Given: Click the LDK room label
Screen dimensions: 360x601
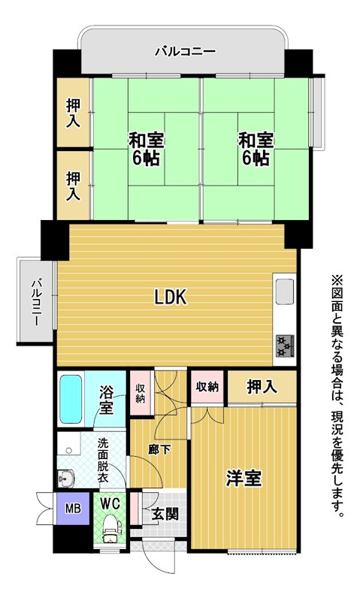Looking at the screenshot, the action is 171,297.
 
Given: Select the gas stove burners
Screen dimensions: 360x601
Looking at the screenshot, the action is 285,346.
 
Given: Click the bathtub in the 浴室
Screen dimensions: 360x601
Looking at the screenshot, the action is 71,399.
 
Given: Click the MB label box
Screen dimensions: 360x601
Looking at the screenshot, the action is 73,509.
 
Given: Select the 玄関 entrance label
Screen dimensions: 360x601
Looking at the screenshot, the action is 165,514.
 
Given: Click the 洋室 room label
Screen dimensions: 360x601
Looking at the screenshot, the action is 244,478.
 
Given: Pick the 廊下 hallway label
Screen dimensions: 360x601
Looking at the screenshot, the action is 159,449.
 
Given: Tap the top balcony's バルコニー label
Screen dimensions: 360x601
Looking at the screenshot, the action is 186,51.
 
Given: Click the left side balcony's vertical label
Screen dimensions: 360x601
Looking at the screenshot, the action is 36,303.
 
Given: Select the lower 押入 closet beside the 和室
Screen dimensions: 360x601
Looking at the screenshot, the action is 73,186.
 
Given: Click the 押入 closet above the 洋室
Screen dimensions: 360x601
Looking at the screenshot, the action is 262,386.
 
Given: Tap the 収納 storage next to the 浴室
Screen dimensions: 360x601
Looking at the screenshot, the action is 141,392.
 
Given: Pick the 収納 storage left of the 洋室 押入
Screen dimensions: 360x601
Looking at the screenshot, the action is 207,387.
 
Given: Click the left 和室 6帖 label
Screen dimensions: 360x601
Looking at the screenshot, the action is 146,149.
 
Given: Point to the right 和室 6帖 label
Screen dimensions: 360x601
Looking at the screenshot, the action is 256,149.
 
